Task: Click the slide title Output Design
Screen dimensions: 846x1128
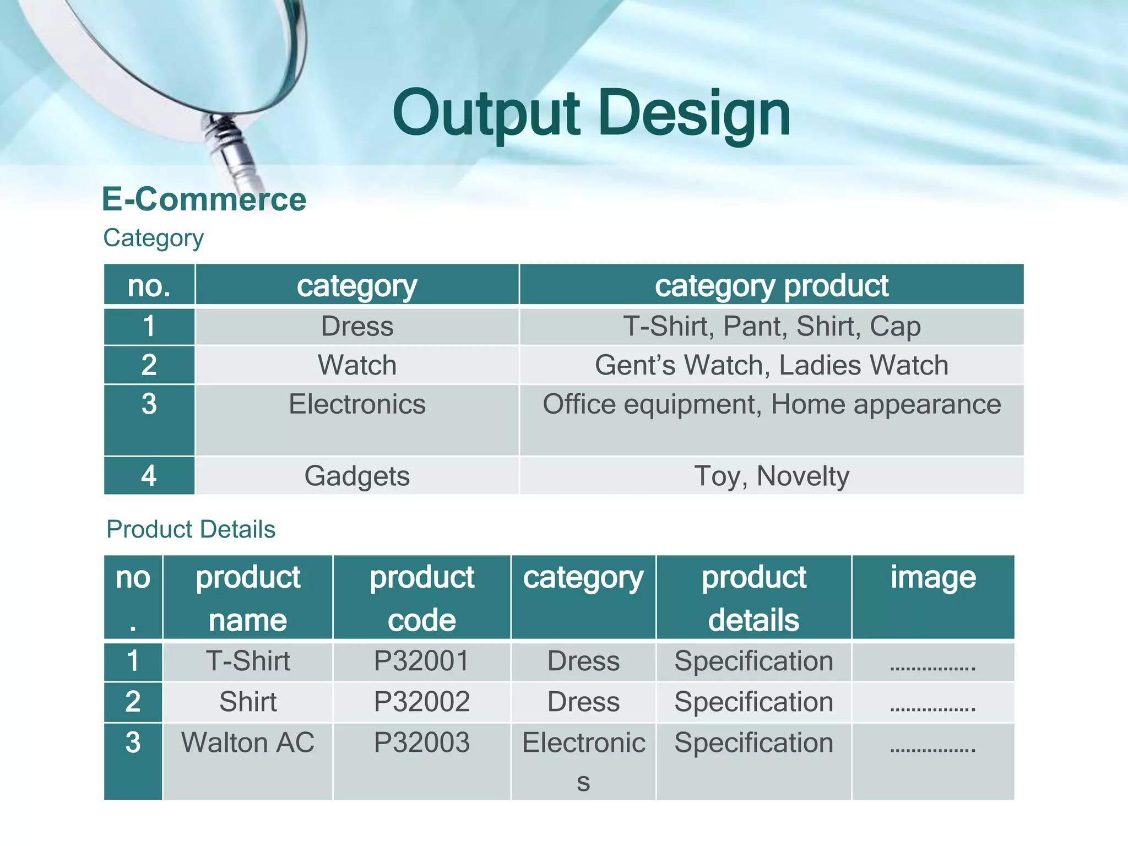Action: coord(592,114)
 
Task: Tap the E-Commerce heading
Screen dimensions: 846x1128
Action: coord(204,199)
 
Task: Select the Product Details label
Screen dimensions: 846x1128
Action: coord(191,529)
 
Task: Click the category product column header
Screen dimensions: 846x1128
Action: coord(771,285)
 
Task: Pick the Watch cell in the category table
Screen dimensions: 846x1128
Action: coord(357,365)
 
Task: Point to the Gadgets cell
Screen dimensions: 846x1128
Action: coord(357,476)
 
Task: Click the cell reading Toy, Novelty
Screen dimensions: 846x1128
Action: coord(771,476)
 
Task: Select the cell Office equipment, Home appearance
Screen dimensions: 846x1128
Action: coord(771,405)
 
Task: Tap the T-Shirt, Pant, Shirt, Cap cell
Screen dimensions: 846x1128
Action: coord(771,326)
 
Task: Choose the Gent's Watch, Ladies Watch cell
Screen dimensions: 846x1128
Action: coord(771,365)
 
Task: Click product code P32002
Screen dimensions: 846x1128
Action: coord(421,702)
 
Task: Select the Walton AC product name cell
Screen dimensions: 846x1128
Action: coord(248,742)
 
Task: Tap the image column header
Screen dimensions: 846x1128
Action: coord(932,578)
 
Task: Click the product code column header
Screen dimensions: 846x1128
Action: coord(421,598)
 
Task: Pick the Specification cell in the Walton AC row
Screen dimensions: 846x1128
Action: coord(753,742)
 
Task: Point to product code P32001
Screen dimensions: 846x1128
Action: coord(421,661)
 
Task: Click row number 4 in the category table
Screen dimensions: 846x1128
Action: coord(149,476)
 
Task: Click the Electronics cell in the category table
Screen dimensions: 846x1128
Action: coord(357,405)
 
